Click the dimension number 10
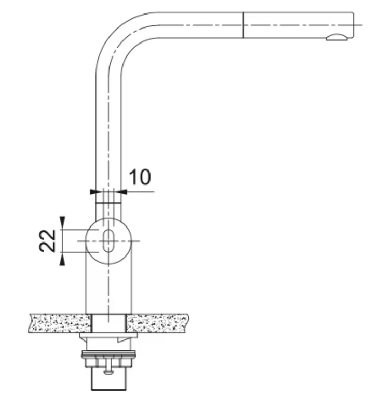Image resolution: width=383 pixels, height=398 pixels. click(x=140, y=177)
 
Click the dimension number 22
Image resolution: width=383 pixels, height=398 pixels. click(x=48, y=241)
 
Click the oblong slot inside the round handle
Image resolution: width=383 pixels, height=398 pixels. click(x=108, y=241)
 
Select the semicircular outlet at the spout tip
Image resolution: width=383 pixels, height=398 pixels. click(x=337, y=37)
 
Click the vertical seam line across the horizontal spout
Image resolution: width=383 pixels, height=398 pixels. click(x=243, y=25)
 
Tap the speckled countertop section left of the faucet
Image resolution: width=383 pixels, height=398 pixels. click(x=60, y=323)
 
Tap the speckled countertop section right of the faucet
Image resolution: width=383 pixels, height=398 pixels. click(x=157, y=323)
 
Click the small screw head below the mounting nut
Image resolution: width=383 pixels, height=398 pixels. click(x=109, y=372)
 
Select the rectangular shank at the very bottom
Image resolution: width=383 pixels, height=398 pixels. click(x=109, y=379)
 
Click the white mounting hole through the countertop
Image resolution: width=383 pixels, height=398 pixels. click(x=109, y=323)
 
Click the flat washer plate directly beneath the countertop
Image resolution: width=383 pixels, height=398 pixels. click(x=108, y=336)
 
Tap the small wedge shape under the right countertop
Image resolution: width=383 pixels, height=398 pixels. click(x=125, y=340)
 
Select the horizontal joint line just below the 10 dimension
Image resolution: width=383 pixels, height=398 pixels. click(x=108, y=203)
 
